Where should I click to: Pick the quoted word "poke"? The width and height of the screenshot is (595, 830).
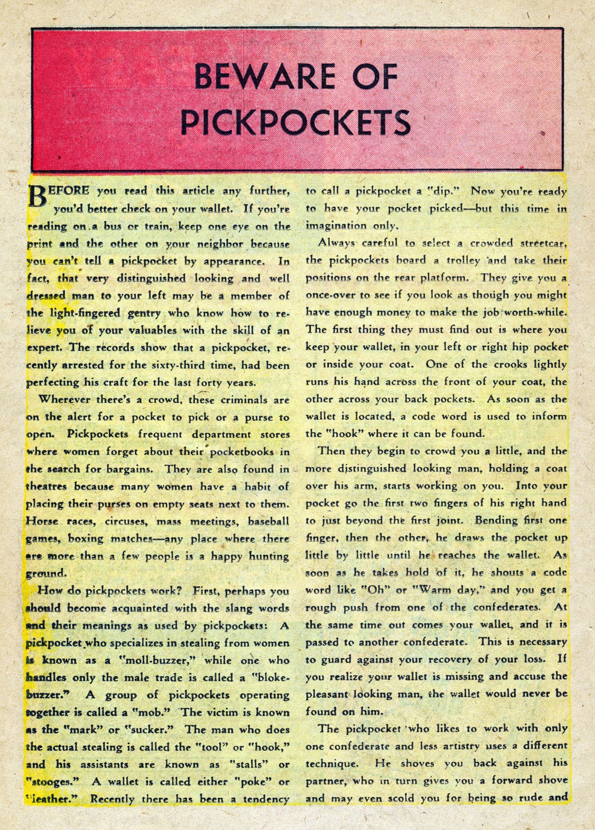pos(248,782)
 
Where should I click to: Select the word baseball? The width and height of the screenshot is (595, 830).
pos(269,522)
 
